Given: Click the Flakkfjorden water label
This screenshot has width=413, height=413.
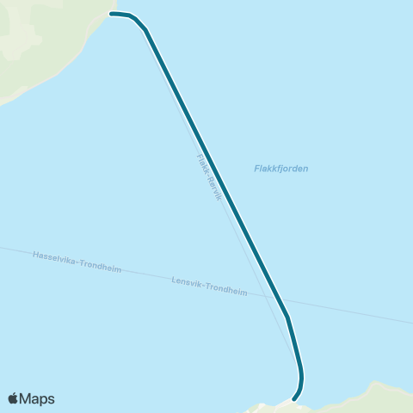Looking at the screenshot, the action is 281,169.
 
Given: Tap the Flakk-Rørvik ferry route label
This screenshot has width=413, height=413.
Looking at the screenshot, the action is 210,178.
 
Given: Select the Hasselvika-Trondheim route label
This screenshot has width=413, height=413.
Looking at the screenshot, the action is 77,262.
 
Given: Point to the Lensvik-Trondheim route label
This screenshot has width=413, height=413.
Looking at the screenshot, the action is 209,287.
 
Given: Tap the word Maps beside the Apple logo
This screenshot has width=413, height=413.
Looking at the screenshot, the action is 37,398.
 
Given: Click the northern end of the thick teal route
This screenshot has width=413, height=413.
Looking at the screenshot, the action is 112,14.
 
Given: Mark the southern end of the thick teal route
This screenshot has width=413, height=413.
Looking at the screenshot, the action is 294,399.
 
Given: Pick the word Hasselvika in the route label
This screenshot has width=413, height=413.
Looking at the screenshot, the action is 53,258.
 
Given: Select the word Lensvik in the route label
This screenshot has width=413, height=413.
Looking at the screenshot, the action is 186,282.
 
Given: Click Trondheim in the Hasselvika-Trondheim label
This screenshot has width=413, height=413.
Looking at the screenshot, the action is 100,267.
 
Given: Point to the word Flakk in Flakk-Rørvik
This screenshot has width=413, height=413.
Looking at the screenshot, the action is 202,163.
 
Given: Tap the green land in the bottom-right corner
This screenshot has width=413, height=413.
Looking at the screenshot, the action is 379,398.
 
